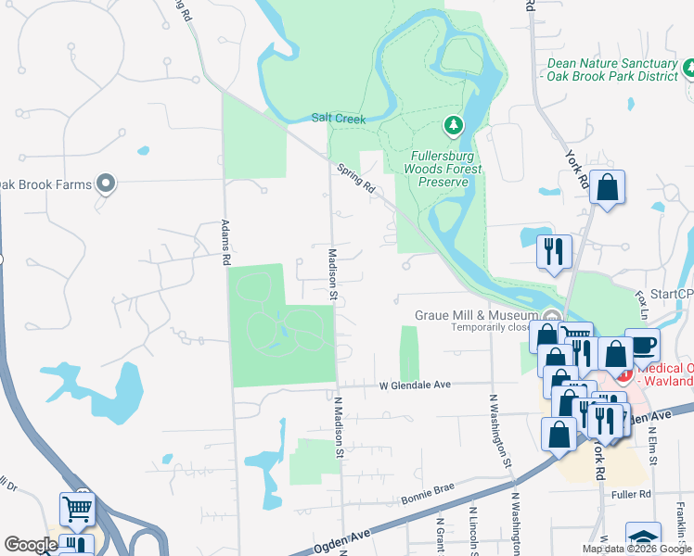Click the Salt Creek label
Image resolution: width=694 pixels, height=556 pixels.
(x=339, y=119)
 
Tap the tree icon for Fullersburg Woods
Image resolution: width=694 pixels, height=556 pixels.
(x=453, y=124)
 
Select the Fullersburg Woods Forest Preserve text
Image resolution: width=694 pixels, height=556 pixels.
(x=443, y=169)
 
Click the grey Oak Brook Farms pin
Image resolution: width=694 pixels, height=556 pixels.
(x=106, y=184)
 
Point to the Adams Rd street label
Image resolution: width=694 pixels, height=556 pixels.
(x=225, y=244)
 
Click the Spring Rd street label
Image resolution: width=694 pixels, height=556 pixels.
(x=356, y=179)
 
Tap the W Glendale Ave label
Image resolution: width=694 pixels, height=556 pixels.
(x=414, y=385)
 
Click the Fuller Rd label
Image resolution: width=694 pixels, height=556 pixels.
(x=631, y=494)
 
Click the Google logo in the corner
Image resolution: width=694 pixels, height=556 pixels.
(x=31, y=545)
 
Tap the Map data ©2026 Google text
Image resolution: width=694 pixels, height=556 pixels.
(x=636, y=549)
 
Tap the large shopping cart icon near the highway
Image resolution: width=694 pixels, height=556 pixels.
(x=77, y=508)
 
